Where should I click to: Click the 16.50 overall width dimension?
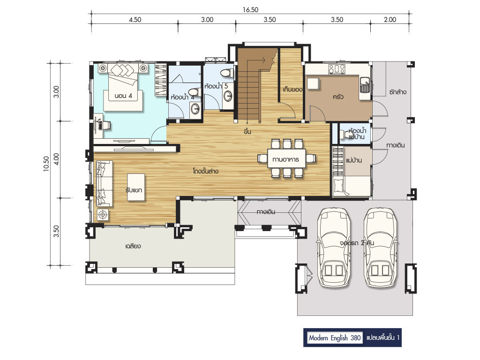coord(250,10)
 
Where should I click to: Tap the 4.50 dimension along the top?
coord(135,20)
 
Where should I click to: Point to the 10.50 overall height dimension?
coord(46,164)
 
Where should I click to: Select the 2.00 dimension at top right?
coord(390,20)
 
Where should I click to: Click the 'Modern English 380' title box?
coord(335,338)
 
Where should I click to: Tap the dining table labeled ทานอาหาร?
coord(286,158)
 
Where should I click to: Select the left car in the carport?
coord(333,248)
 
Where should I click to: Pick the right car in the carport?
coord(381,248)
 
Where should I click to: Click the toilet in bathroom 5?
coord(227,73)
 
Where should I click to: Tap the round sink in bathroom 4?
coord(195,108)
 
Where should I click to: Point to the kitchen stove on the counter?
coord(337,69)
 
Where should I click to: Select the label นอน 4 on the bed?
coord(123,96)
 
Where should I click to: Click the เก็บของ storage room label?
coord(292,90)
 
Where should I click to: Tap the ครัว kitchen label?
coord(338,97)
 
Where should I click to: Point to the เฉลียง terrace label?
coord(133,246)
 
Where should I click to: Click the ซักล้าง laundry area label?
coord(398,91)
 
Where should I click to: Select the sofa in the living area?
coord(105,183)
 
